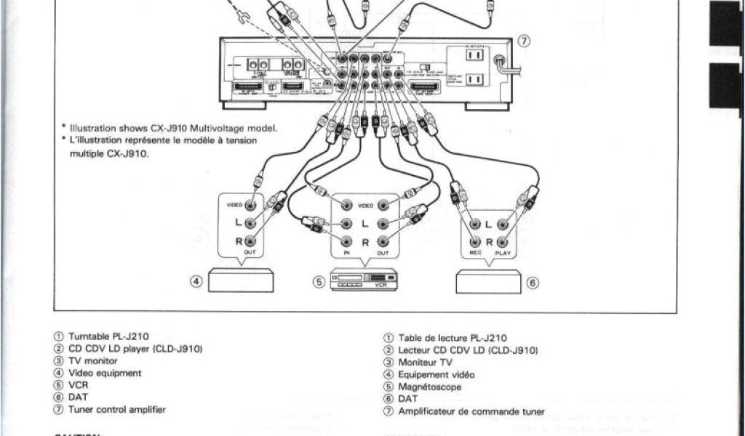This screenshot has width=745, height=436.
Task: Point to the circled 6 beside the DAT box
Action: (533, 283)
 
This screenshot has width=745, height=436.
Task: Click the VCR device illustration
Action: (364, 279)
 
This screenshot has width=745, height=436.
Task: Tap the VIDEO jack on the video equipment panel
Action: (250, 206)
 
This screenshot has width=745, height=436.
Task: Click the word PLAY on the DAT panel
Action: (503, 253)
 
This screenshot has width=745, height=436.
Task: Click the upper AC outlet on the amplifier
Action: (474, 54)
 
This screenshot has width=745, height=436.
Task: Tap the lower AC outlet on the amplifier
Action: (474, 78)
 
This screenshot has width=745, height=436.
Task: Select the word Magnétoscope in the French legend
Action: (429, 387)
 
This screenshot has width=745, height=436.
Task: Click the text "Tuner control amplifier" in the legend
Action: (116, 409)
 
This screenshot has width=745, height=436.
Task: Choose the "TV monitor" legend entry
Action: (92, 360)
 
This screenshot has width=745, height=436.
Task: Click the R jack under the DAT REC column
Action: (475, 241)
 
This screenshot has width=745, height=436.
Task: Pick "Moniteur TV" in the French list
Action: (425, 362)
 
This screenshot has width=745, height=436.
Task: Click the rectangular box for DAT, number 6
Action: (488, 281)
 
